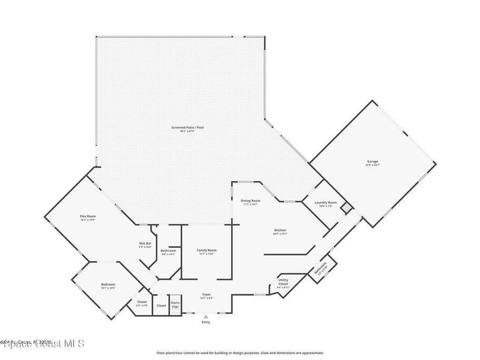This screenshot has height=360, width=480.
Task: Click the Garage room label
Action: point(372,162)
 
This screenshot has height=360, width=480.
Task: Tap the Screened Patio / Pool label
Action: point(187,127)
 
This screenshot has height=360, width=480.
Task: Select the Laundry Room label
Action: point(326,202)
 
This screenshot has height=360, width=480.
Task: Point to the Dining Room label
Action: point(251,201)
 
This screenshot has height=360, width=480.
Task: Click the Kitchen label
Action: point(280,230)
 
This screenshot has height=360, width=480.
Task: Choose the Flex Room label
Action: point(88,216)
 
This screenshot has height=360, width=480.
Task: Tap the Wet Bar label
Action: point(145,243)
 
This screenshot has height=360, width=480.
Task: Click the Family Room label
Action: point(206,250)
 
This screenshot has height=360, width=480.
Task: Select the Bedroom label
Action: point(108,285)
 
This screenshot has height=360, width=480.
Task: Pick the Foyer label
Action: point(206,294)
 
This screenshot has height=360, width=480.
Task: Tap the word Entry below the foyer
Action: point(206,322)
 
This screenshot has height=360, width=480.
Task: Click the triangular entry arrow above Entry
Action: point(206,317)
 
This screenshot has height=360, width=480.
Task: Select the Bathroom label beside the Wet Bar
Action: point(168,251)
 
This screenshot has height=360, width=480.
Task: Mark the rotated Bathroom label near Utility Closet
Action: point(321,269)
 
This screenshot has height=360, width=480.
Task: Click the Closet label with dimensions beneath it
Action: point(142,302)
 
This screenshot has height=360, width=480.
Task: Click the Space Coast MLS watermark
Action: point(42,344)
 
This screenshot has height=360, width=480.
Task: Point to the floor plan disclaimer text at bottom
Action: point(240,353)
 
